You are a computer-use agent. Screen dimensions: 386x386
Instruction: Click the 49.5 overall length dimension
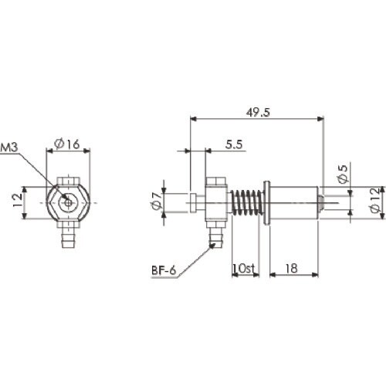258,113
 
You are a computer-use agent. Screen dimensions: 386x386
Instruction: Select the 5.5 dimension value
234,144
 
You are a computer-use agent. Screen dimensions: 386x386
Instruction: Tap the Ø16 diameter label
67,144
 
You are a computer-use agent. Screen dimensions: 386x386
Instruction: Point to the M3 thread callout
9,147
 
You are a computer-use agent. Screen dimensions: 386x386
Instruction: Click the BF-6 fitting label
164,270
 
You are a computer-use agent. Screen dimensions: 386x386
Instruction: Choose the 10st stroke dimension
243,269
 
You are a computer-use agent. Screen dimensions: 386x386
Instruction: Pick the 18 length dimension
292,269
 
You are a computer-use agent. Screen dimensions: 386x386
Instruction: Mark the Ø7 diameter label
157,201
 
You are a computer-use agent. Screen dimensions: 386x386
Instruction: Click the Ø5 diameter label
343,174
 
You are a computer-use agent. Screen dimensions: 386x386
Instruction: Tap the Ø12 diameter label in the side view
375,200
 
